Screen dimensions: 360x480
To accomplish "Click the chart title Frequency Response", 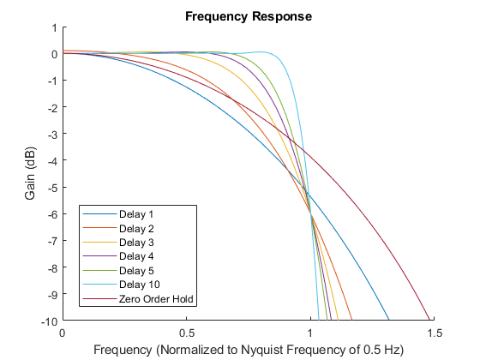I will pos(248,16).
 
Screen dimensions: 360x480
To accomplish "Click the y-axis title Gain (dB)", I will pos(31,173).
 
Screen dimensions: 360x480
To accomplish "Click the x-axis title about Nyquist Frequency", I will pos(248,349).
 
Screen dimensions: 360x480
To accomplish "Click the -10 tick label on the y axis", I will pos(49,321).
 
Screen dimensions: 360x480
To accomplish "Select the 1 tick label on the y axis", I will pos(54,27).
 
